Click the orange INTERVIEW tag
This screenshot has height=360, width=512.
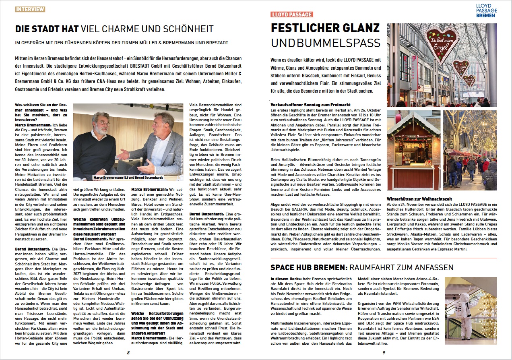tap(30, 9)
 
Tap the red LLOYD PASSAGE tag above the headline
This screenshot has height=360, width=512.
tap(292, 14)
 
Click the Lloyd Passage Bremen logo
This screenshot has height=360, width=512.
tap(485, 11)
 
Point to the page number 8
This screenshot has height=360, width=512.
tap(128, 353)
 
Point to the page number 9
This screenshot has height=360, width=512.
tap(384, 353)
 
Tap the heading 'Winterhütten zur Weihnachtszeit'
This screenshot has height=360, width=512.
tap(419, 199)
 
